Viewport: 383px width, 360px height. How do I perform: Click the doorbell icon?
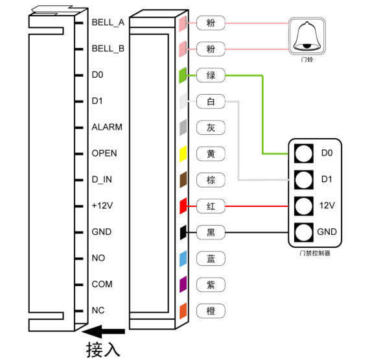[307, 36]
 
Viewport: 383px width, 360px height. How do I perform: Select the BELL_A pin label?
[108, 23]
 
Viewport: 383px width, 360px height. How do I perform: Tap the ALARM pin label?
[107, 127]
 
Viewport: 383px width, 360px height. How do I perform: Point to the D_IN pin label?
[102, 180]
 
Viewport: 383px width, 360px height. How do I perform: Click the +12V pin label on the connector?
[102, 206]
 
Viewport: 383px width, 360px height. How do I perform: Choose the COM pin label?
[102, 284]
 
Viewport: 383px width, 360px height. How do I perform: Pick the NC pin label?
[99, 310]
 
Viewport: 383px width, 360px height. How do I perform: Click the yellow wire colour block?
[183, 154]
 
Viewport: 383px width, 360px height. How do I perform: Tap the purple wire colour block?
[183, 284]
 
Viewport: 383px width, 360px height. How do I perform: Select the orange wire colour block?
[183, 311]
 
